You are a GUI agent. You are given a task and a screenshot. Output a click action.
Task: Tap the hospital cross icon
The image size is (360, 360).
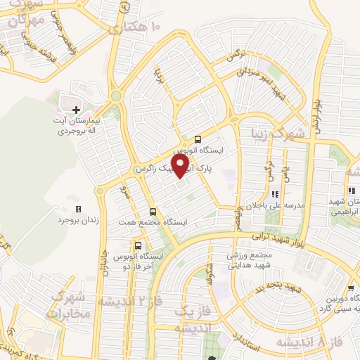76,110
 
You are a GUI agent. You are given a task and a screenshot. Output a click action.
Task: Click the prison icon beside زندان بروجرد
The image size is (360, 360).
78,209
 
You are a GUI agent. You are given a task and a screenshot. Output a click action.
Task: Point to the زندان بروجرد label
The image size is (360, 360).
80,220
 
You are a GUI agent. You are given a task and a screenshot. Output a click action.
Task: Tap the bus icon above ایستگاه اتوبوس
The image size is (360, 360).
198,139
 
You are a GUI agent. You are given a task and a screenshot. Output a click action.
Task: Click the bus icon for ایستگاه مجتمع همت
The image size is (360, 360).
153,210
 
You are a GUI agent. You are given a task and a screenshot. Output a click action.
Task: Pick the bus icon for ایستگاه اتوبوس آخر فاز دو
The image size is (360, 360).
138,245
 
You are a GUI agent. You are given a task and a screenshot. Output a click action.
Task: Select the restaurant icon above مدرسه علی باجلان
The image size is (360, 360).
274,193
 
